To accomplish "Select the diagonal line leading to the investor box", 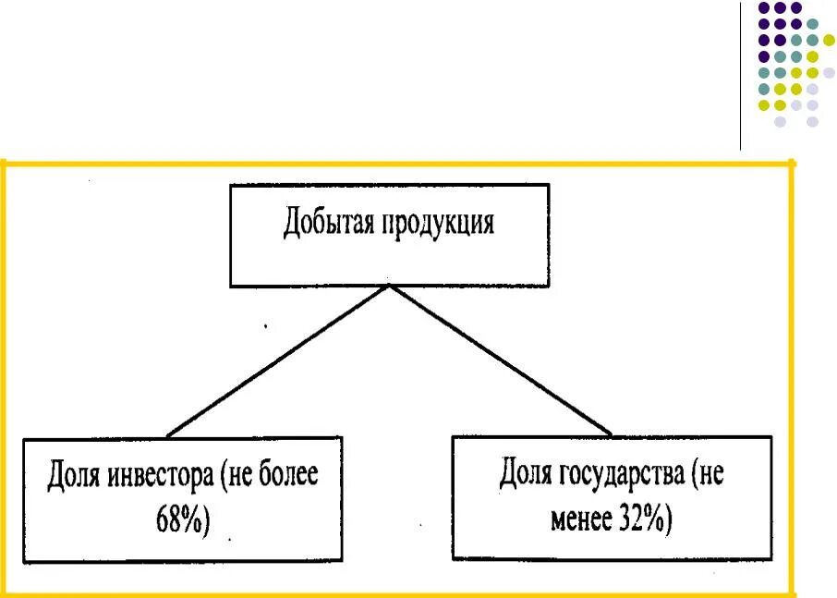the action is pos(277,360).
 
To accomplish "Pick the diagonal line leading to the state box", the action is pos(499,360).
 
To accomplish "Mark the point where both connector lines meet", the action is pos(389,286).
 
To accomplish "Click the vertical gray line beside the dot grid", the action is pos(741,74).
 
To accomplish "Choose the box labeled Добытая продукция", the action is pos(389,235).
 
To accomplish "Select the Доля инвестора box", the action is pos(182,499).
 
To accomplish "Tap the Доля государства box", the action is pos(611,496).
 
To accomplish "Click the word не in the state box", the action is pos(710,476).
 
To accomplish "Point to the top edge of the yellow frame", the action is pos(397,164).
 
